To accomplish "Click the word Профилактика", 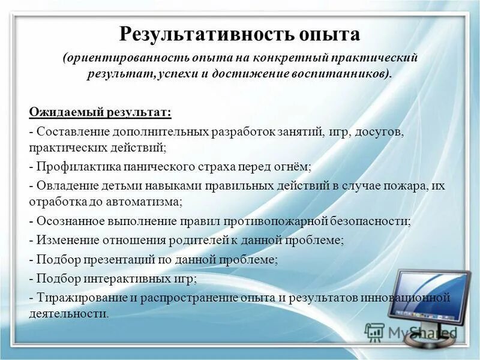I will coord(72,166).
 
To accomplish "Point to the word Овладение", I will coord(62,187).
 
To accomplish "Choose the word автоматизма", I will coord(145,202).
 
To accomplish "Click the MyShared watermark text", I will coord(420,332).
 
